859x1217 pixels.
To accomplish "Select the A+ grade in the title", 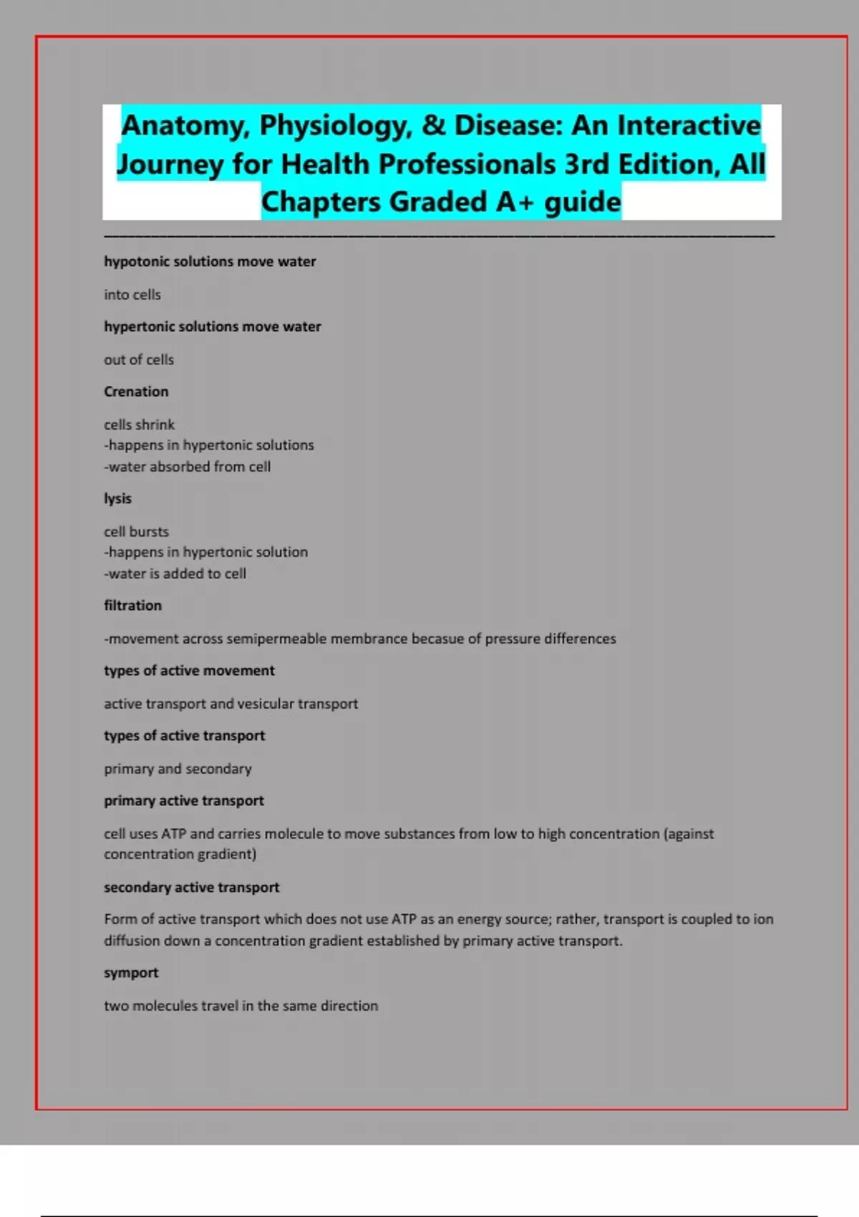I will coord(515,203).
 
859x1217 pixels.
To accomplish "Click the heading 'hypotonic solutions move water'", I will coord(210,262).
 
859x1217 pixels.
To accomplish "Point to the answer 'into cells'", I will coord(132,295).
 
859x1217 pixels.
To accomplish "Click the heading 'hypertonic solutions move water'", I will coord(213,327).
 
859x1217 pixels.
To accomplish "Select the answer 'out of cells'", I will coord(139,360).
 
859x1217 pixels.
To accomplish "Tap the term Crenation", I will coord(136,392).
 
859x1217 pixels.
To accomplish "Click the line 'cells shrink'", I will coord(139,425).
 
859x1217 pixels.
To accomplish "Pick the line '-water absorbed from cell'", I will coord(188,467).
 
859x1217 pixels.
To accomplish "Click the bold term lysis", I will coord(117,499).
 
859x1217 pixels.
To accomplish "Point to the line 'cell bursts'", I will coord(136,532).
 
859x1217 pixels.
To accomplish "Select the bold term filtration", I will coord(132,606).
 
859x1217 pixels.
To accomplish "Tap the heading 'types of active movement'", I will coord(189,671).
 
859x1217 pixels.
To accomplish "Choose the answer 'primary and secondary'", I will coord(178,769).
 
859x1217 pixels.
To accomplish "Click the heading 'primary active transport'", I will coord(184,801).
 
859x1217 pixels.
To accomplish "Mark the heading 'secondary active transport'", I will coord(191,888).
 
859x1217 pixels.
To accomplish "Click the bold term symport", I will coord(131,973).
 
